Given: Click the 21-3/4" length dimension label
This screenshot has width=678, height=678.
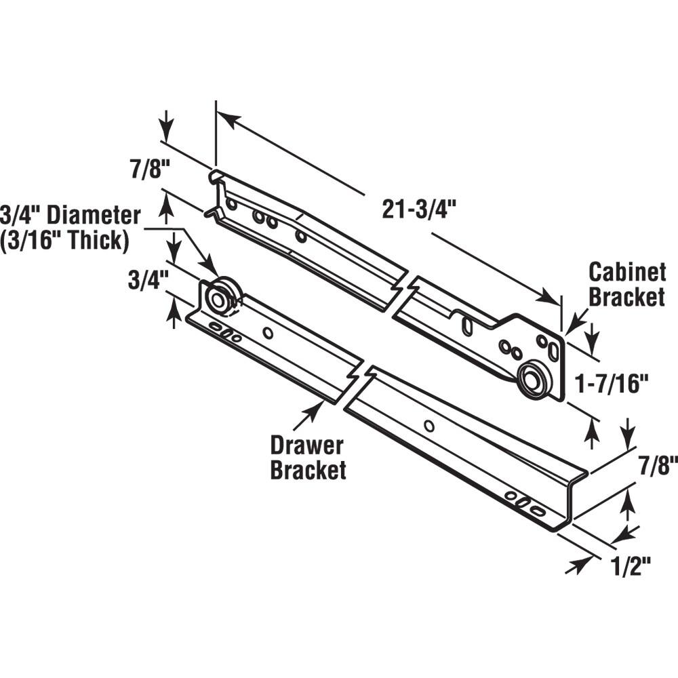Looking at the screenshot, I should click(416, 210).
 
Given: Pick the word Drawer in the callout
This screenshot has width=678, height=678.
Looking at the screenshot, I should click(307, 446).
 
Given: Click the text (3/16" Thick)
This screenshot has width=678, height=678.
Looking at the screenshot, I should click(65, 241).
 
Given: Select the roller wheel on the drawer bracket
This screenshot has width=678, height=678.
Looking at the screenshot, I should click(220, 299).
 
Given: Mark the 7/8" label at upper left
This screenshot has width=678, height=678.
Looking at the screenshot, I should click(146, 168).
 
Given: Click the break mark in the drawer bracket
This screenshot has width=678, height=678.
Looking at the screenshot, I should click(357, 384).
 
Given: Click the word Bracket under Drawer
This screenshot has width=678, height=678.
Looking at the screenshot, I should click(308, 470).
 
